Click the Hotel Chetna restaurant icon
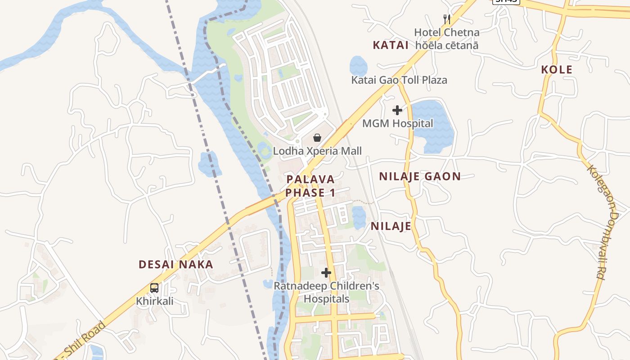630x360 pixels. (446, 19)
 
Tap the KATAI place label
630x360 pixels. (391, 45)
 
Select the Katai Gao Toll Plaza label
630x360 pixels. (399, 80)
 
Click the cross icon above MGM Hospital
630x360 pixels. (397, 110)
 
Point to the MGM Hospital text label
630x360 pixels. (398, 123)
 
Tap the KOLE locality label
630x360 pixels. (557, 70)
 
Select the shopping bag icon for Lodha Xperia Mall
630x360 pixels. (317, 138)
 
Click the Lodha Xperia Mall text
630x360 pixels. (317, 151)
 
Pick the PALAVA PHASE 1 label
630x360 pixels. (310, 186)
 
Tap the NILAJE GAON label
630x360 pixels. (420, 176)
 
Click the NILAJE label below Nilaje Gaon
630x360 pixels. (391, 226)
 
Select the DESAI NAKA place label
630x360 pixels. (176, 265)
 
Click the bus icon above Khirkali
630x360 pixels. (154, 288)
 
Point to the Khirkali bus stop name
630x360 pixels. (155, 301)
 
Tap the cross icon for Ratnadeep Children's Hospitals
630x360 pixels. (326, 273)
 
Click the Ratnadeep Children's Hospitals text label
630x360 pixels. (327, 292)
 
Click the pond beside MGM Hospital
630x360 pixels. (432, 126)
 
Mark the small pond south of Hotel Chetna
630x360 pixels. (358, 66)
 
